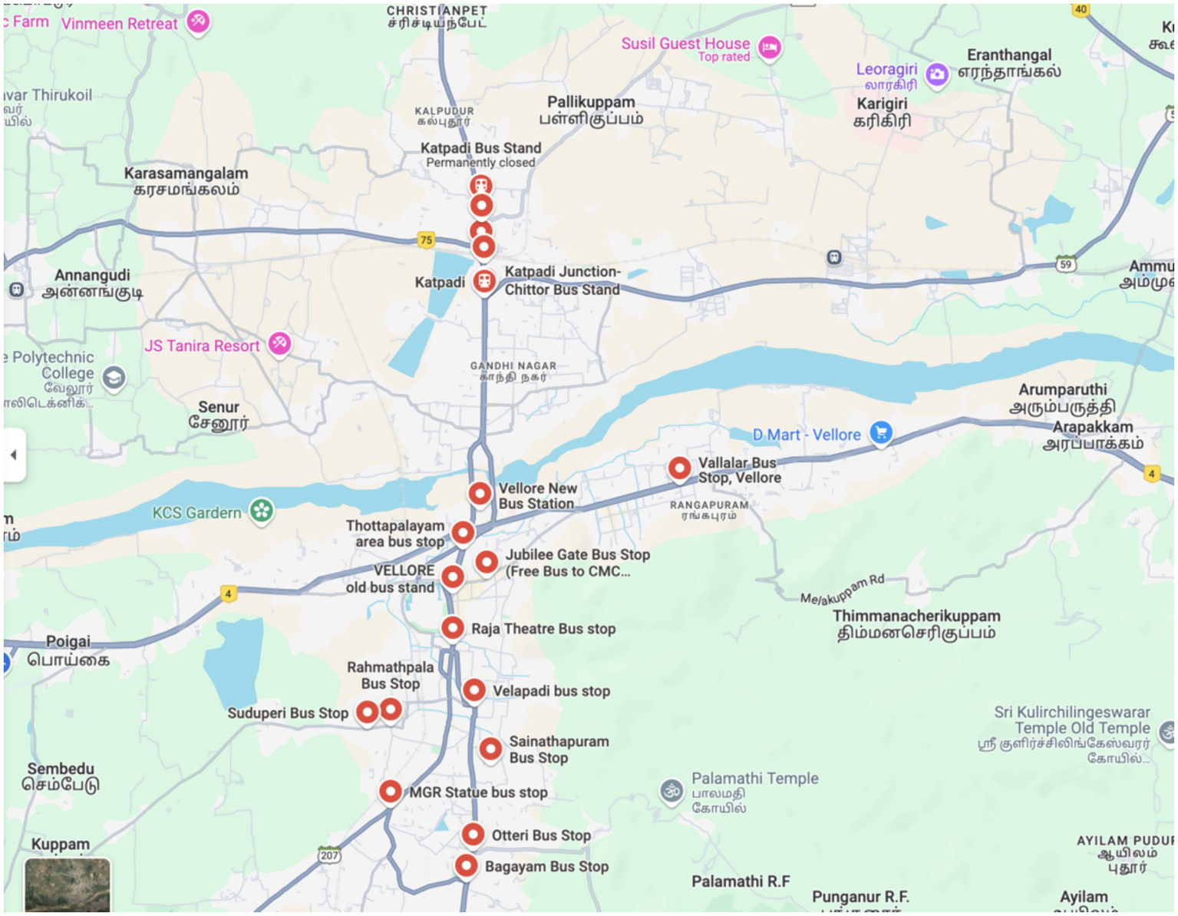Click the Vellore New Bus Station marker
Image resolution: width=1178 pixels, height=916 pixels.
(480, 494)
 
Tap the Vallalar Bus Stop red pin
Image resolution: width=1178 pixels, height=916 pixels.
(679, 468)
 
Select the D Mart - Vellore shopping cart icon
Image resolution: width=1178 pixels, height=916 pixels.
(881, 433)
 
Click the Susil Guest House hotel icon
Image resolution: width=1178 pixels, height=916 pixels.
(770, 48)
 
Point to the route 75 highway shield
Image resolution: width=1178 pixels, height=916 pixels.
(426, 240)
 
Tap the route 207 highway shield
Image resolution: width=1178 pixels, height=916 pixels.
(329, 855)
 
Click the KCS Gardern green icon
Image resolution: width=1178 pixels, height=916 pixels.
(262, 511)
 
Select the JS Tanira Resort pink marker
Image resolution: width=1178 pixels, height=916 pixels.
(279, 343)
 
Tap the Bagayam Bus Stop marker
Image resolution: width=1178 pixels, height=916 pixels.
(466, 866)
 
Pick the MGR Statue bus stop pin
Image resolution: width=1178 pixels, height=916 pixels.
(391, 791)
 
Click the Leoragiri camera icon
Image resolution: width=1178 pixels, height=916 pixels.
(936, 74)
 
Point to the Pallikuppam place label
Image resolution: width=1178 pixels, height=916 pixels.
(591, 102)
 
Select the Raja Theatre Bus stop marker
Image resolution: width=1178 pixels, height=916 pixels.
(453, 628)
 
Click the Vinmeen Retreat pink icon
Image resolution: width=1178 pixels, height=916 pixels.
(199, 21)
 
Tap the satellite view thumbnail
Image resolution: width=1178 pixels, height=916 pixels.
(68, 886)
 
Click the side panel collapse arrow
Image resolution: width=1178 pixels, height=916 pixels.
(14, 455)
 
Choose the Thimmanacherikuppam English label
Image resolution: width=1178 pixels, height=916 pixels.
(916, 616)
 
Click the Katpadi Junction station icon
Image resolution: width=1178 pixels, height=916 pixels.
(483, 282)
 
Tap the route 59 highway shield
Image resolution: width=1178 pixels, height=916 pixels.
(1065, 264)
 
